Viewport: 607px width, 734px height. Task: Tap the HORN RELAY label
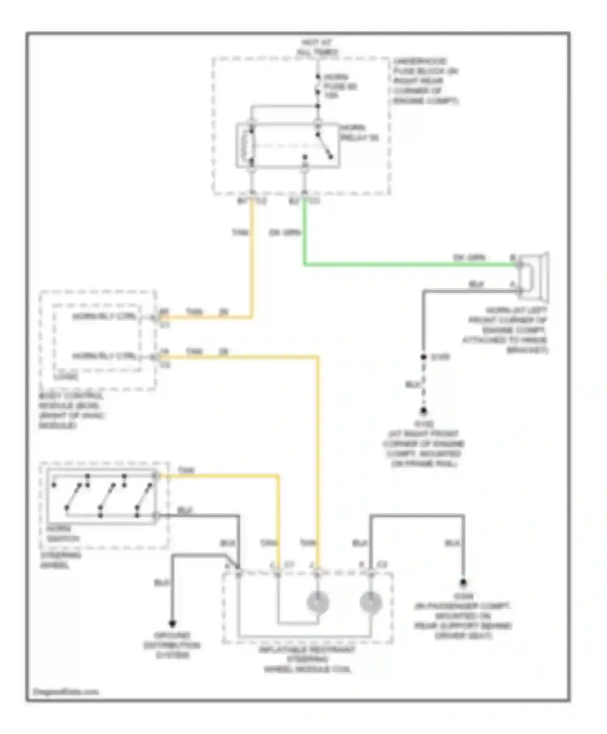pyautogui.click(x=359, y=133)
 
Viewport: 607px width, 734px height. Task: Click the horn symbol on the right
pyautogui.click(x=533, y=277)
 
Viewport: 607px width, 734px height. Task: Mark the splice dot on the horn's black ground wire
pyautogui.click(x=423, y=357)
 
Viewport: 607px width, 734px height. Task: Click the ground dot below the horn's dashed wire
pyautogui.click(x=423, y=411)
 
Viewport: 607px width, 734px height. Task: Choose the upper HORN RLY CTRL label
pyautogui.click(x=104, y=316)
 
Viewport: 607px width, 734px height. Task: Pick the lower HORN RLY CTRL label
pyautogui.click(x=104, y=356)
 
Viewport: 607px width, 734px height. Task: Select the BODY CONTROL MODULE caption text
pyautogui.click(x=71, y=411)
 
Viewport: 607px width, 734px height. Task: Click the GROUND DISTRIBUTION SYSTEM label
pyautogui.click(x=172, y=645)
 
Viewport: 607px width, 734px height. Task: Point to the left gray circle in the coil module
pyautogui.click(x=318, y=602)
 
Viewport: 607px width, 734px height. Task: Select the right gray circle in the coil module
pyautogui.click(x=371, y=602)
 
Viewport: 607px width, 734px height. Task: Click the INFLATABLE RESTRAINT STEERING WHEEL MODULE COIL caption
pyautogui.click(x=308, y=660)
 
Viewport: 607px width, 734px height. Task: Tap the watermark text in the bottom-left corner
pyautogui.click(x=66, y=692)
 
